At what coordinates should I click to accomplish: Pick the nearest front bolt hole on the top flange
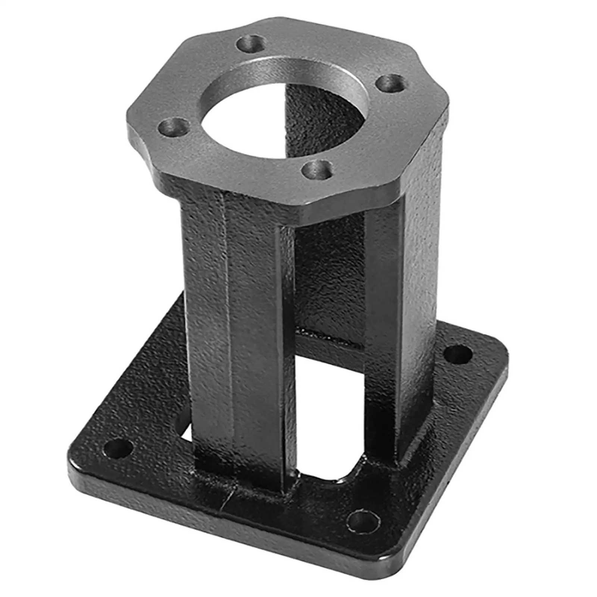317,170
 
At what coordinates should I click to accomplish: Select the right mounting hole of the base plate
458,355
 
